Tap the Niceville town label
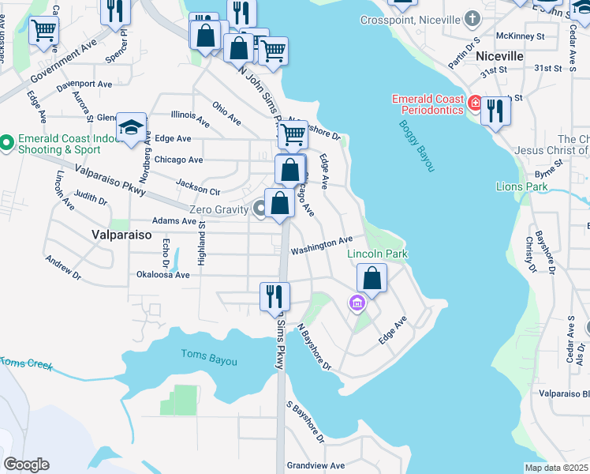click(499, 56)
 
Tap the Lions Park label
click(521, 186)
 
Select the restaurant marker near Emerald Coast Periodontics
click(495, 111)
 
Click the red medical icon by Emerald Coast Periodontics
click(475, 102)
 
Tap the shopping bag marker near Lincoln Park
click(372, 278)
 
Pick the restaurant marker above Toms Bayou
click(274, 296)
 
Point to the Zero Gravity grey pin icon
click(260, 209)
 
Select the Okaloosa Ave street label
click(163, 275)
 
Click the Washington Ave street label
click(321, 246)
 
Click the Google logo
click(26, 465)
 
